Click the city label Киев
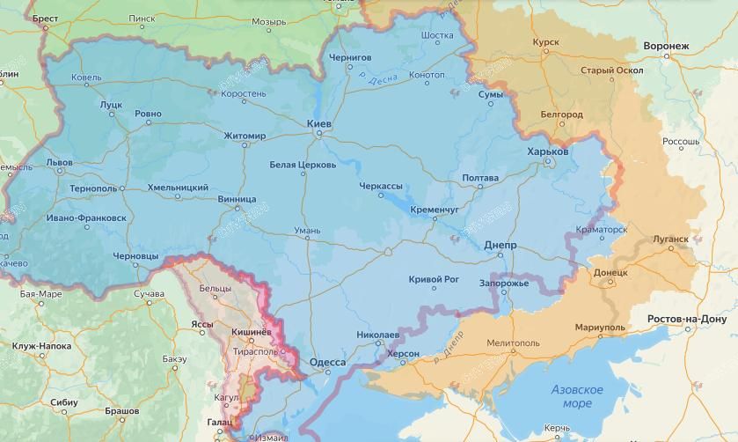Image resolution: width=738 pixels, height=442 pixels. pyautogui.click(x=318, y=124)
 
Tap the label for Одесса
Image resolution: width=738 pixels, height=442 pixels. pyautogui.click(x=327, y=362)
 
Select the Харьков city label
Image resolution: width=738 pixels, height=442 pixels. pyautogui.click(x=547, y=151)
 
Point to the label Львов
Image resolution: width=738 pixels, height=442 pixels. pyautogui.click(x=60, y=163)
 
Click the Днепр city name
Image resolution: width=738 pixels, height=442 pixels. pyautogui.click(x=500, y=246)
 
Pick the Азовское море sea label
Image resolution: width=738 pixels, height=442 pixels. pyautogui.click(x=577, y=396)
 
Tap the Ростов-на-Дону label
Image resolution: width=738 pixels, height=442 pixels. pyautogui.click(x=692, y=319)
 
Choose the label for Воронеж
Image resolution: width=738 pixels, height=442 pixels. pyautogui.click(x=666, y=46)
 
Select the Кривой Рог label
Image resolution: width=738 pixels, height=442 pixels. pyautogui.click(x=434, y=280)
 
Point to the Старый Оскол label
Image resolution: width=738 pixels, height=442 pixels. pyautogui.click(x=611, y=70)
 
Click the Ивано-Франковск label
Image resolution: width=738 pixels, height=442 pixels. pyautogui.click(x=86, y=217)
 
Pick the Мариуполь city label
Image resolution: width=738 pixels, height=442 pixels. pyautogui.click(x=600, y=328)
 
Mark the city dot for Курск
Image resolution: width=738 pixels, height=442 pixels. pyautogui.click(x=545, y=52)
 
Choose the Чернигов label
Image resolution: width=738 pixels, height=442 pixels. pyautogui.click(x=350, y=57)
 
